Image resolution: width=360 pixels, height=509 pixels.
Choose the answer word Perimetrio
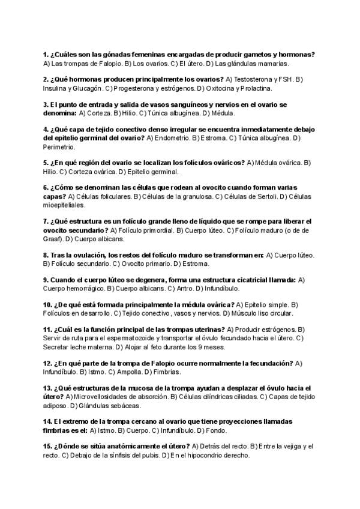59,146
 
